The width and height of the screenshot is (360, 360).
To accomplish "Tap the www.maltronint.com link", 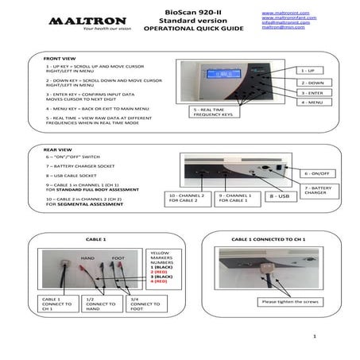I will pyautogui.click(x=284, y=10).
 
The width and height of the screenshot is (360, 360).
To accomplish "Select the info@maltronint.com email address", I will pyautogui.click(x=284, y=22).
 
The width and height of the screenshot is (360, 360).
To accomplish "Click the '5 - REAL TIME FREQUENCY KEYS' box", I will pyautogui.click(x=212, y=111).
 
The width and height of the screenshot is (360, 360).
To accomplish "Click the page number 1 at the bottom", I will pyautogui.click(x=315, y=337).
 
